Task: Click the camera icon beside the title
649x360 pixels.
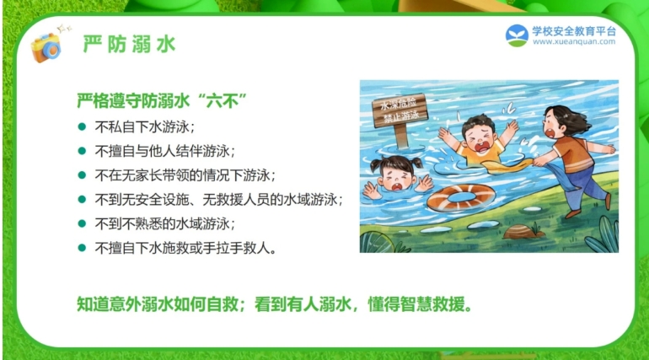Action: tap(46, 46)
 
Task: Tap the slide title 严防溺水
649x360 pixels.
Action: tap(130, 45)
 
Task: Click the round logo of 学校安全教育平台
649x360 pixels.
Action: tap(517, 35)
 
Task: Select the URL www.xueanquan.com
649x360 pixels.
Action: tap(574, 42)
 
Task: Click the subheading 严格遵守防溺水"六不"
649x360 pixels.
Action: tap(162, 100)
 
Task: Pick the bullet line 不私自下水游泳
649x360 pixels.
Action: tap(144, 126)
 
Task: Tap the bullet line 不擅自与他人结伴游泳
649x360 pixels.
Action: tap(164, 151)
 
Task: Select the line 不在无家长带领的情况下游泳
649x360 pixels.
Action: tap(185, 175)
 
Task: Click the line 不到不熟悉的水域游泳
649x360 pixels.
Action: tap(164, 224)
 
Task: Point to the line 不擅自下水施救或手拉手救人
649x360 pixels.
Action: tap(185, 248)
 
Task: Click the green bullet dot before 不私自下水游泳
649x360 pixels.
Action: tap(82, 126)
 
